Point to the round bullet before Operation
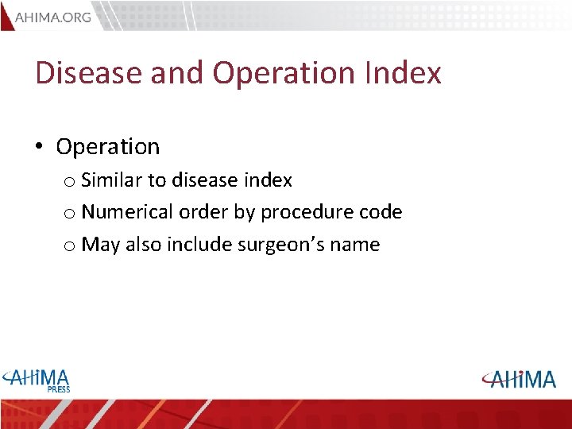point(39,147)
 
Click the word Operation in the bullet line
point(108,147)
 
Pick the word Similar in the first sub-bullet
point(107,180)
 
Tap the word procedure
point(302,212)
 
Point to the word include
point(199,245)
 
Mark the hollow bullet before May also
point(70,246)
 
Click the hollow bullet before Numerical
point(70,214)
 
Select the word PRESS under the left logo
point(58,389)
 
